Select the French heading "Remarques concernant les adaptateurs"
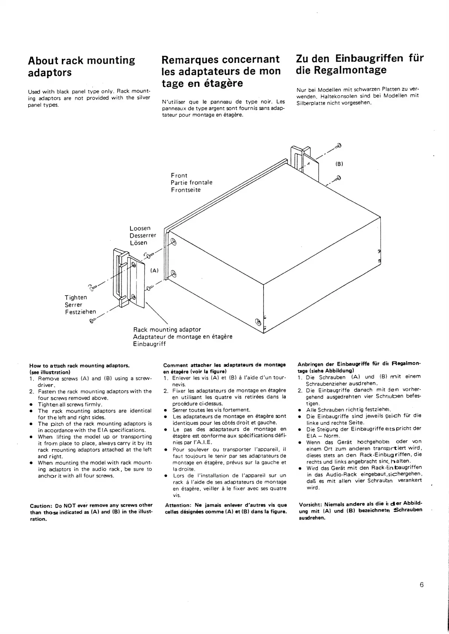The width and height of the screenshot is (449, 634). point(221,71)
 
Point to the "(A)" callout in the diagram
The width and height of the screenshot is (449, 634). point(155,270)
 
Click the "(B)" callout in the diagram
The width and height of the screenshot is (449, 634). point(339,164)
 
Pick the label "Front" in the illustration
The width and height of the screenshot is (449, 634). point(179,175)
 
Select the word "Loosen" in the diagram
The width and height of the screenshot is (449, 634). point(140,229)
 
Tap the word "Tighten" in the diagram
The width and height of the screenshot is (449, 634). point(76,297)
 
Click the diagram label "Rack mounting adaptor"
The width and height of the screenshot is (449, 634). point(167,329)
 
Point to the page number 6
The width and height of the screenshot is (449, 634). point(421,585)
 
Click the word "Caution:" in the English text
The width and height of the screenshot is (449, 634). point(40,505)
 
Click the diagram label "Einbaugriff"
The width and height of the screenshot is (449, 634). point(149,344)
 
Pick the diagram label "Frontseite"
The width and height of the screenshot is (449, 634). point(185,190)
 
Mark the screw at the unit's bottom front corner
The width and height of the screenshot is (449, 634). point(258,321)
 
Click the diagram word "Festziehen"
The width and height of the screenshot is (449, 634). point(80,312)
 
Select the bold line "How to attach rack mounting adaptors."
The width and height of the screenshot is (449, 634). point(79,366)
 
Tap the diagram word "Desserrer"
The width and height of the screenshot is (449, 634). point(143,236)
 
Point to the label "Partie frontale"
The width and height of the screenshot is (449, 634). point(192,183)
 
